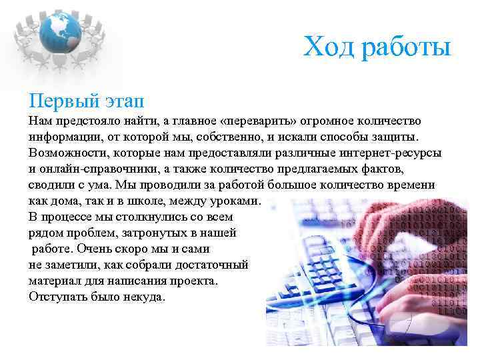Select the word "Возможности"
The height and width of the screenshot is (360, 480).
tap(65, 153)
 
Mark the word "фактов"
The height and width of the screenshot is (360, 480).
tap(383, 169)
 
